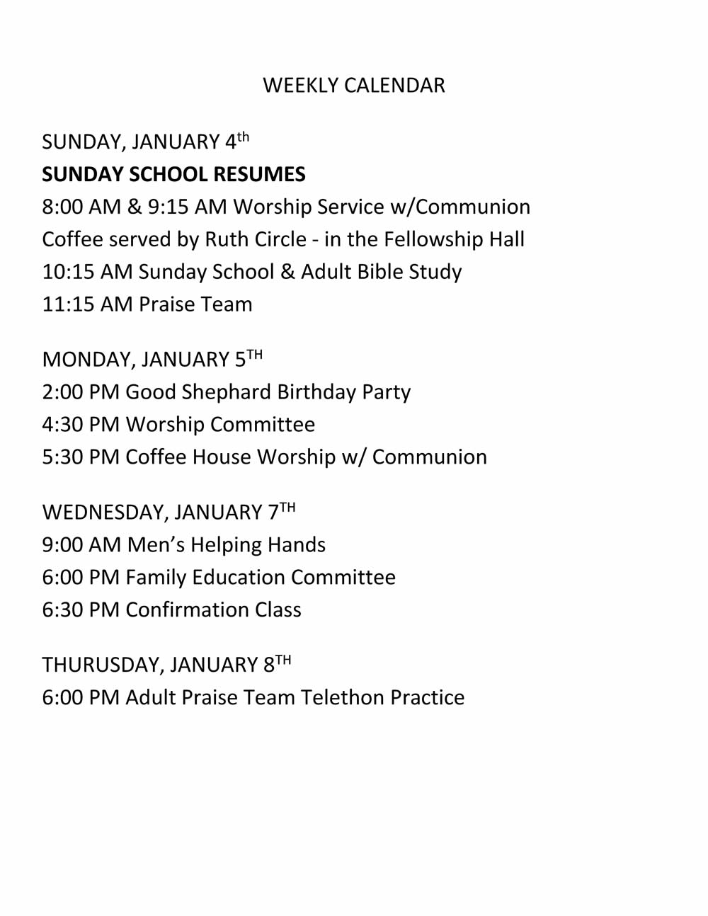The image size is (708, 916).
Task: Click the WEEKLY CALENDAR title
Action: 354,86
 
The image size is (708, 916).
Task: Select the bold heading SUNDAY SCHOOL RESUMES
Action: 173,174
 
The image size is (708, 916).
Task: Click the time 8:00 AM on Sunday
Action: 81,207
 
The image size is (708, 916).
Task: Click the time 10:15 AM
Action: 87,272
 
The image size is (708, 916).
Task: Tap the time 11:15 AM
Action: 87,304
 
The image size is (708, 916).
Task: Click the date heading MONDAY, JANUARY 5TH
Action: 152,359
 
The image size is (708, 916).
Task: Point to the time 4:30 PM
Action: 81,425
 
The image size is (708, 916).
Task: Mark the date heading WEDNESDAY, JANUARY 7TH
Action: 169,512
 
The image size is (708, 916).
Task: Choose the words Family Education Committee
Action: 261,578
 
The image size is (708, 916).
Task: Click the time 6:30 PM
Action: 81,610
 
